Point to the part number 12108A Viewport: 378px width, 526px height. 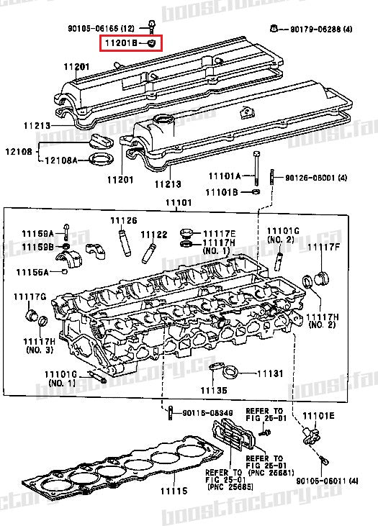(x=62, y=160)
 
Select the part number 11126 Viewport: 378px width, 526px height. (x=123, y=219)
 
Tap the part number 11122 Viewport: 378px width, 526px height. (x=153, y=234)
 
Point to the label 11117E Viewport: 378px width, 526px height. (x=219, y=234)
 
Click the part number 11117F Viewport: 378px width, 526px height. (x=323, y=248)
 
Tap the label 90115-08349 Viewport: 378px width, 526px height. (x=207, y=413)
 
